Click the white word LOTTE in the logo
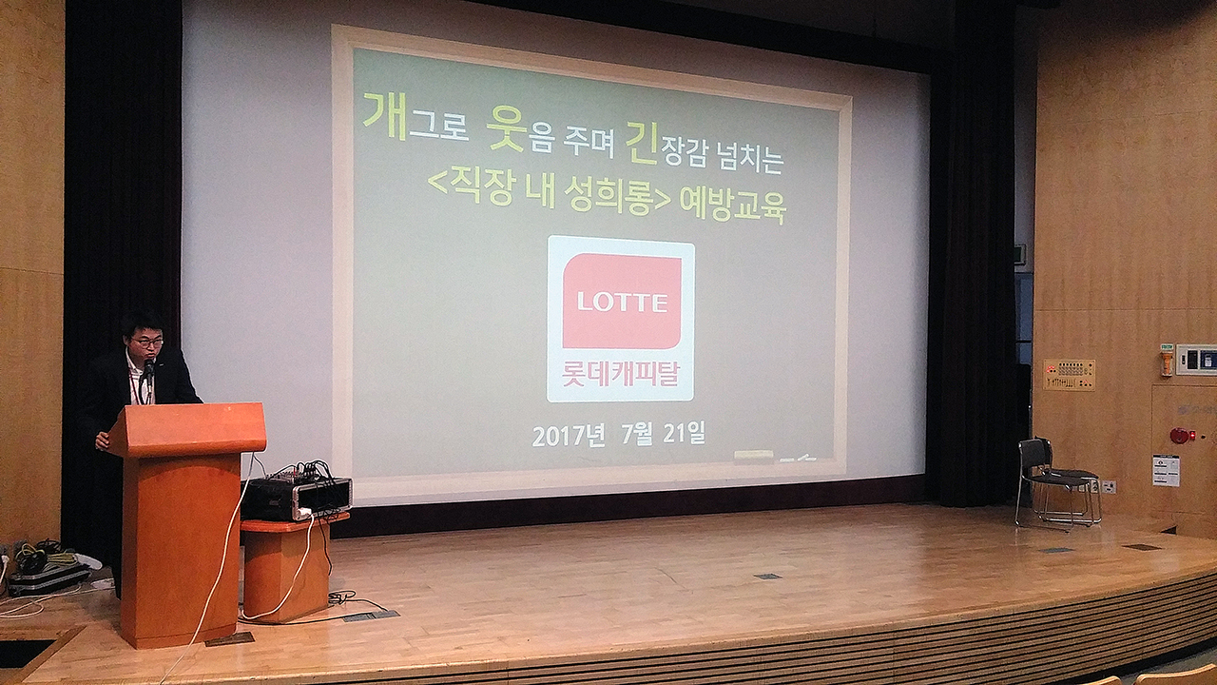tap(623, 303)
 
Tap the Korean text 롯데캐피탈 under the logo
tap(621, 374)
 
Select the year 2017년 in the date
tap(569, 436)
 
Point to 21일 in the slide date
tap(684, 433)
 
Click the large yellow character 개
tap(385, 116)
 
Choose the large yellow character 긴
tap(642, 143)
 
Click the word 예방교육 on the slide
tap(733, 205)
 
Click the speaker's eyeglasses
tap(146, 342)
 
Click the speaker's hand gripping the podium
tap(102, 440)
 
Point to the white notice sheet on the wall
tap(1167, 471)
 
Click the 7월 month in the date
tap(637, 434)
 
